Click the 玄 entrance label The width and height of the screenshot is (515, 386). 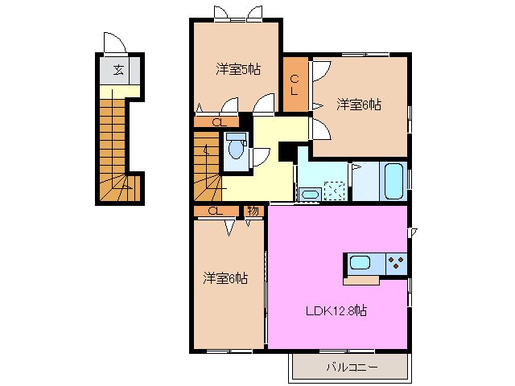click(118, 70)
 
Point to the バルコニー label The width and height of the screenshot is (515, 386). click(352, 367)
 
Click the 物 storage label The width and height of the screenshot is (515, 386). click(253, 211)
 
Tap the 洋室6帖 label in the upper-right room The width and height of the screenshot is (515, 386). click(359, 105)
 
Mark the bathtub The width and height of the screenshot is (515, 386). click(393, 181)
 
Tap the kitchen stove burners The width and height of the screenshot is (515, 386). click(396, 262)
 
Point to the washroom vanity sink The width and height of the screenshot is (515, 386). click(308, 194)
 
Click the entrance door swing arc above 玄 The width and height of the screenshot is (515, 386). click(112, 42)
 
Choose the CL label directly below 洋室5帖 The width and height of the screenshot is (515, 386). click(217, 122)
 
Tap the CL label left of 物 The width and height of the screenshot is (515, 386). click(214, 211)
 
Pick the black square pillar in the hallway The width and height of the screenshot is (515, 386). click(286, 151)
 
